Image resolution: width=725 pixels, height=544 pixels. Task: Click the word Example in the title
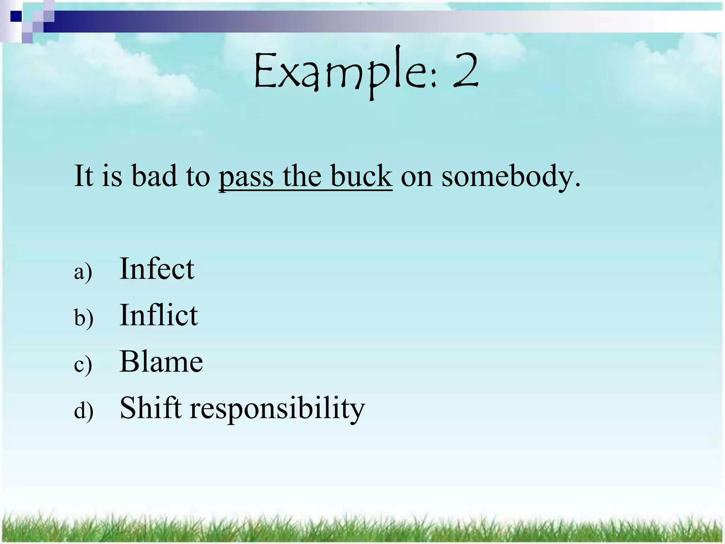(x=342, y=73)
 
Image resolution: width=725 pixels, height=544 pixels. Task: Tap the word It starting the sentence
(x=84, y=176)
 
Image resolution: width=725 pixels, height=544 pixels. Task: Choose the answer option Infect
(x=157, y=269)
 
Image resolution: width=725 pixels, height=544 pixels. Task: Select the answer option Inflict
(x=159, y=315)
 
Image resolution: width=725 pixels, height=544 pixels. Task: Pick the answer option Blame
(x=161, y=362)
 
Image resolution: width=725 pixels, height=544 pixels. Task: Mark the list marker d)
(x=84, y=411)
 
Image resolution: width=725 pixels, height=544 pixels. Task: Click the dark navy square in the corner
(x=16, y=16)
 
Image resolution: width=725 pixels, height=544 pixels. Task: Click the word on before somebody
(x=416, y=177)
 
